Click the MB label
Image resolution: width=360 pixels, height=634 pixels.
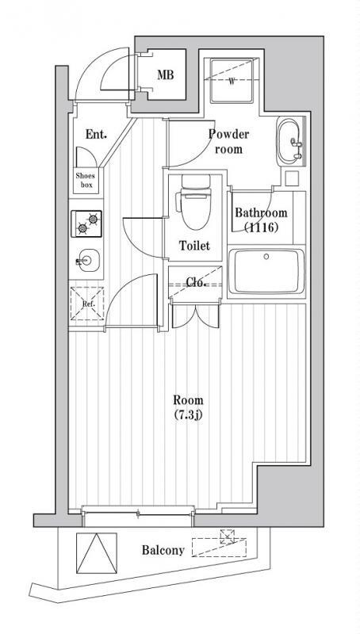[164, 76]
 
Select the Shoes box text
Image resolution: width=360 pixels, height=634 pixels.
[84, 180]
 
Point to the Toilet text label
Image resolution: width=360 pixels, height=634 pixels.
[193, 246]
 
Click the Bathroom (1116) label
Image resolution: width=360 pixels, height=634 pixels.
[260, 220]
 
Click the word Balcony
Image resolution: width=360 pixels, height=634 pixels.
[163, 550]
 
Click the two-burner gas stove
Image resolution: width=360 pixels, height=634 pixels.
[87, 224]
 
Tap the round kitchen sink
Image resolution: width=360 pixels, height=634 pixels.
[87, 260]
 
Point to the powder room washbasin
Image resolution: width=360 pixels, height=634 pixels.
[289, 143]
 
